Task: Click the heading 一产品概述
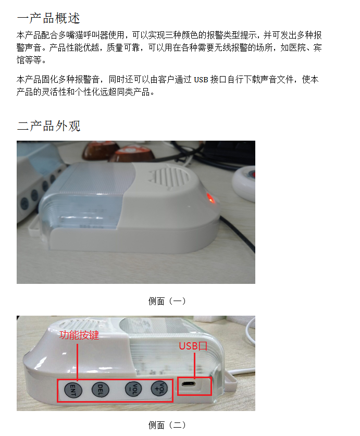point(48,18)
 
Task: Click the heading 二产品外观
point(48,126)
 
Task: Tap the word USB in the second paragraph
point(201,80)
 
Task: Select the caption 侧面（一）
point(167,301)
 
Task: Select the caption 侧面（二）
point(167,425)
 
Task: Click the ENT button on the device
point(73,390)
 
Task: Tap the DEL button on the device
point(100,390)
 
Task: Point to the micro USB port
point(189,384)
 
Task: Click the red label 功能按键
point(79,335)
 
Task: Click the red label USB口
point(193,346)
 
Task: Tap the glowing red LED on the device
point(210,198)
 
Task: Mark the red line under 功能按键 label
point(77,362)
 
